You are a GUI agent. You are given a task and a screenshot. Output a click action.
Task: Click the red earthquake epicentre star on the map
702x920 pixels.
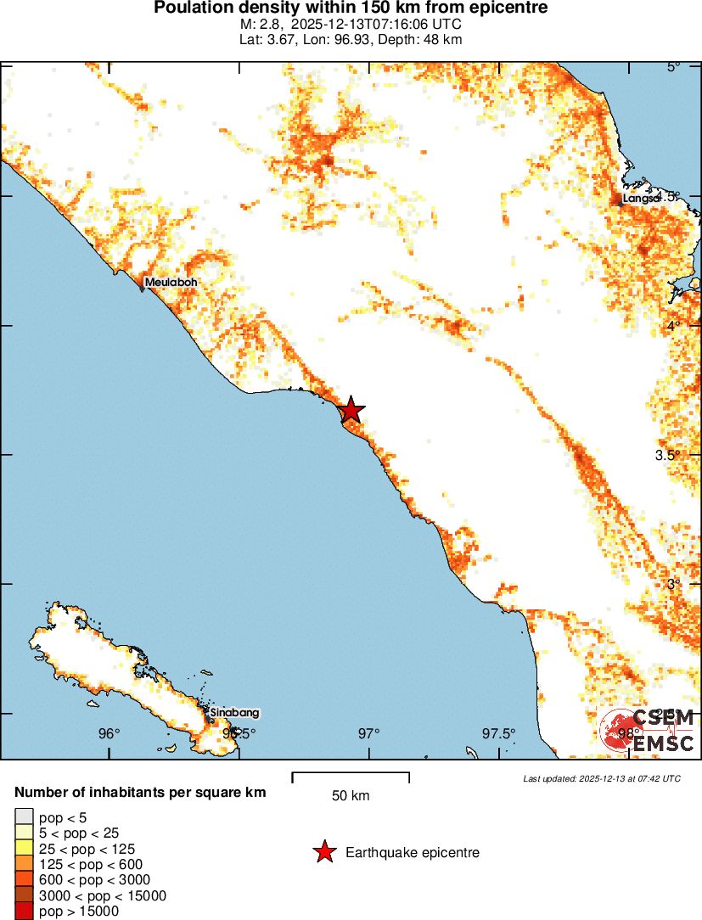[x=351, y=411]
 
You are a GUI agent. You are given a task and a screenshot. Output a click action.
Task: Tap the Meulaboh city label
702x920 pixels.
[x=171, y=283]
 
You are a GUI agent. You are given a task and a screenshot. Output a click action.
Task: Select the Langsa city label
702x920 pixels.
[x=641, y=198]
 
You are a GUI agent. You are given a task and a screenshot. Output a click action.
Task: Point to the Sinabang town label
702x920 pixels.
[x=233, y=713]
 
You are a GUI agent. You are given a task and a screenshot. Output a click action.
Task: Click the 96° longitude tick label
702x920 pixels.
[x=109, y=733]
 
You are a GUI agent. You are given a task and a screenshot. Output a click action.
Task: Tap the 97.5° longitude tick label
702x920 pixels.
[x=498, y=733]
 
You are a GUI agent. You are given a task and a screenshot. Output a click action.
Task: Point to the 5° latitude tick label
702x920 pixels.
[x=672, y=67]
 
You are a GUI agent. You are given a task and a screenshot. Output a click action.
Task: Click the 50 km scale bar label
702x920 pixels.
[x=351, y=796]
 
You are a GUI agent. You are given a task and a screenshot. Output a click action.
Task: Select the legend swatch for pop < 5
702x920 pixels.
[x=24, y=817]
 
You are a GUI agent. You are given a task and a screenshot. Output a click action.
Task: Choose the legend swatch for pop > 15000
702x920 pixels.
[x=24, y=912]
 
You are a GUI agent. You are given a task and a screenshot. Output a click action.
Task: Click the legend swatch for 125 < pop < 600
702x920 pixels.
[x=24, y=864]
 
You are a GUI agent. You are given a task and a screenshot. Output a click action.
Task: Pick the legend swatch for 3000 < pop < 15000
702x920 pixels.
[x=24, y=896]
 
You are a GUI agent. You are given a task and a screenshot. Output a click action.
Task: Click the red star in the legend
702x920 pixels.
[x=323, y=852]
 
